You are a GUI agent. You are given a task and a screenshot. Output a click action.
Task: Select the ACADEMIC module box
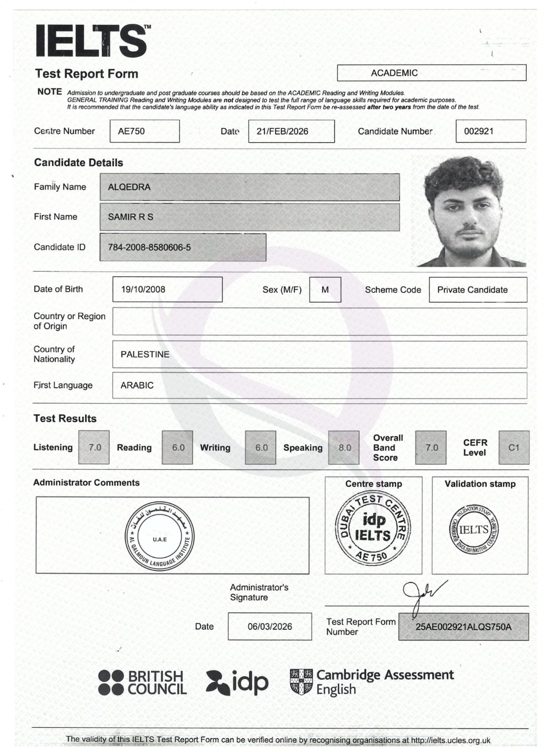431,73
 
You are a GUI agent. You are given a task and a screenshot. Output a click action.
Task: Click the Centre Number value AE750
144,131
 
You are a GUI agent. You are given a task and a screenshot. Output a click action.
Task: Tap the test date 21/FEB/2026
291,131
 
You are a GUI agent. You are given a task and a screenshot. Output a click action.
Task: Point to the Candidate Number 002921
490,131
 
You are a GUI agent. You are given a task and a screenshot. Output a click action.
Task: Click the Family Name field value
249,187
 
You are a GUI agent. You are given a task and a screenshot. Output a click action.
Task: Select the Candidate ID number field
183,247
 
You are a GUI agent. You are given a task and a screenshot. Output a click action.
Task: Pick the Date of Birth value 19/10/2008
167,290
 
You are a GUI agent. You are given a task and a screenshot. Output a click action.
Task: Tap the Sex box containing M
325,290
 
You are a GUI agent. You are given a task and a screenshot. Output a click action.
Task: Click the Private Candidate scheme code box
477,290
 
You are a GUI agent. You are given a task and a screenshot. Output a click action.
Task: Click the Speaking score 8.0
344,447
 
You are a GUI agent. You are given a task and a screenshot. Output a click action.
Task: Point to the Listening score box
94,447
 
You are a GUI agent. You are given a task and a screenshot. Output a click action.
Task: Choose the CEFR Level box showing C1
514,447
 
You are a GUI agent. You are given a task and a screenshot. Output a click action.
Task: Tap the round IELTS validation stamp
474,530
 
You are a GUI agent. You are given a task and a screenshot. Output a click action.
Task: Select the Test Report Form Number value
463,627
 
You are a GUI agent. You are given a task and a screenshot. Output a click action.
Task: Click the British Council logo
142,683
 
